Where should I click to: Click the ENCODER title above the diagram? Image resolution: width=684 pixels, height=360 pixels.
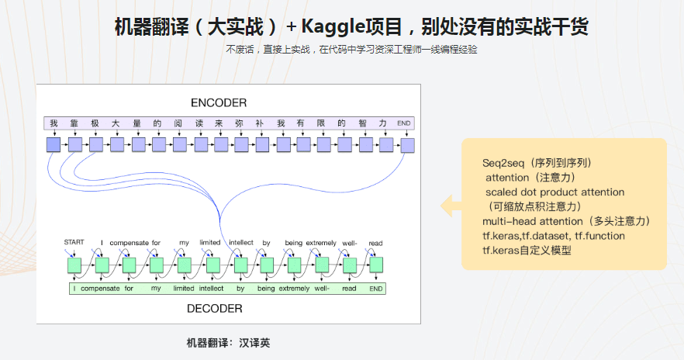[219, 103]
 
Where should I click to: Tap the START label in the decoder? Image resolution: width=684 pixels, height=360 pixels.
[74, 243]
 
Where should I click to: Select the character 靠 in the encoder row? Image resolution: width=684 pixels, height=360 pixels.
[74, 123]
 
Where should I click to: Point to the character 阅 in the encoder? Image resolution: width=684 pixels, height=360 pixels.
[178, 123]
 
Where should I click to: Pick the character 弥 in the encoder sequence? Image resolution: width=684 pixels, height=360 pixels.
[240, 123]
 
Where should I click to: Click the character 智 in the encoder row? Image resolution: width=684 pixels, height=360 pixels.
[363, 123]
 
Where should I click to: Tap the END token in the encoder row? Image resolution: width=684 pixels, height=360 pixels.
[404, 123]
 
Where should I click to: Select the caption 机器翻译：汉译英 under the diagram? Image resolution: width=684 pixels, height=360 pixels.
[228, 342]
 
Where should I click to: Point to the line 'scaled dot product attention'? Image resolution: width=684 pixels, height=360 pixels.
[554, 192]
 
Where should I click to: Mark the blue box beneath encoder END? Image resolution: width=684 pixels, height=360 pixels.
[406, 145]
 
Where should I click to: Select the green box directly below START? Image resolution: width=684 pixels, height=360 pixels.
[74, 266]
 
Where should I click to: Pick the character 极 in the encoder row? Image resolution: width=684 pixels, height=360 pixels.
[95, 123]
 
